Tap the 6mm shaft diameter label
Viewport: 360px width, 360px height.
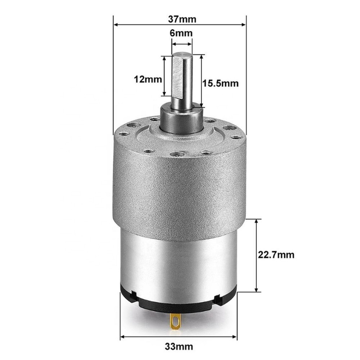pyautogui.click(x=181, y=33)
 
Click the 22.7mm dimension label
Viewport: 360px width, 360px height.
pyautogui.click(x=276, y=255)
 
